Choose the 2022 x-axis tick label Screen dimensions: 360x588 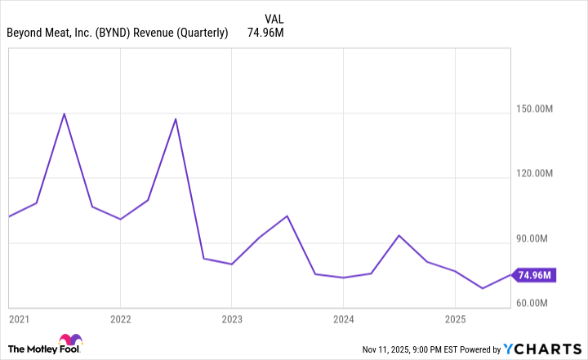coord(120,318)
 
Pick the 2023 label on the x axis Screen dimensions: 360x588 coord(231,318)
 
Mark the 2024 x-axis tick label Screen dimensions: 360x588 coord(343,318)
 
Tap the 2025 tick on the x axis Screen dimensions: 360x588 coord(455,318)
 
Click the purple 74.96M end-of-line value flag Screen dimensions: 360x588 coord(535,275)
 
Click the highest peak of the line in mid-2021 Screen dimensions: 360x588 coord(65,113)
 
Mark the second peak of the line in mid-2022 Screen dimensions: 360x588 coord(176,119)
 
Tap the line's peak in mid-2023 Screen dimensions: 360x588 coord(287,216)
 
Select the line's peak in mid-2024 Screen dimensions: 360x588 coord(399,235)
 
